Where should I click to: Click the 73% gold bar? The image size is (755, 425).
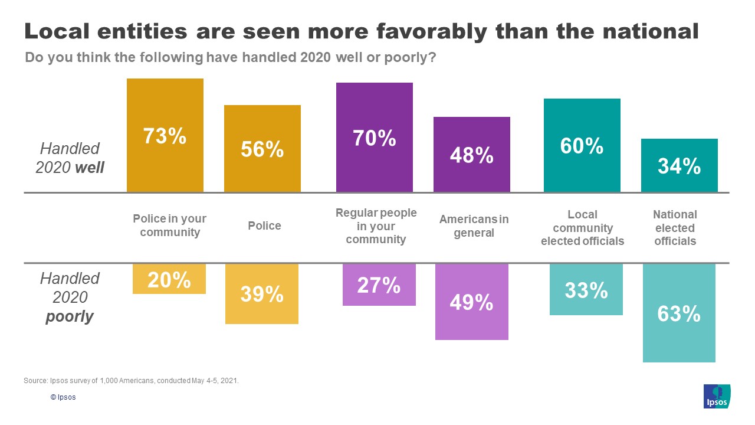[165, 135]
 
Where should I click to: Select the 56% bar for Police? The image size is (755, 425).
[262, 149]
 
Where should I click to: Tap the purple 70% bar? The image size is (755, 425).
[375, 138]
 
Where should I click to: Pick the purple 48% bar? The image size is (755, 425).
[472, 155]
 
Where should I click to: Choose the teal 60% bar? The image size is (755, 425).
[582, 145]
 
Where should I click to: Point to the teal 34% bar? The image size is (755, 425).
[679, 166]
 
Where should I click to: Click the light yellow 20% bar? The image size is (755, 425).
[169, 279]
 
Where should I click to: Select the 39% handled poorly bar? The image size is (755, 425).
[262, 294]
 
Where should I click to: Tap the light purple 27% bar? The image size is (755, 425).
[379, 285]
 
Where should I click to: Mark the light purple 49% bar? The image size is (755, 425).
[472, 302]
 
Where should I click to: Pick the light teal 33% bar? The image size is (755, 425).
[586, 289]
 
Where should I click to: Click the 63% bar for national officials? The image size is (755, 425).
[679, 313]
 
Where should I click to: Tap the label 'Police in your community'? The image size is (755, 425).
[170, 225]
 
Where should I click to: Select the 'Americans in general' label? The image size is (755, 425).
[474, 226]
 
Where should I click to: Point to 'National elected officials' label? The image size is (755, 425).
[675, 228]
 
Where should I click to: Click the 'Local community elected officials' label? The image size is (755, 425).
[583, 228]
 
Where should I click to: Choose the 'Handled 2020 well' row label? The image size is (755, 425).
[70, 158]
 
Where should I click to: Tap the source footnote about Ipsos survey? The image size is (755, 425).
[131, 381]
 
